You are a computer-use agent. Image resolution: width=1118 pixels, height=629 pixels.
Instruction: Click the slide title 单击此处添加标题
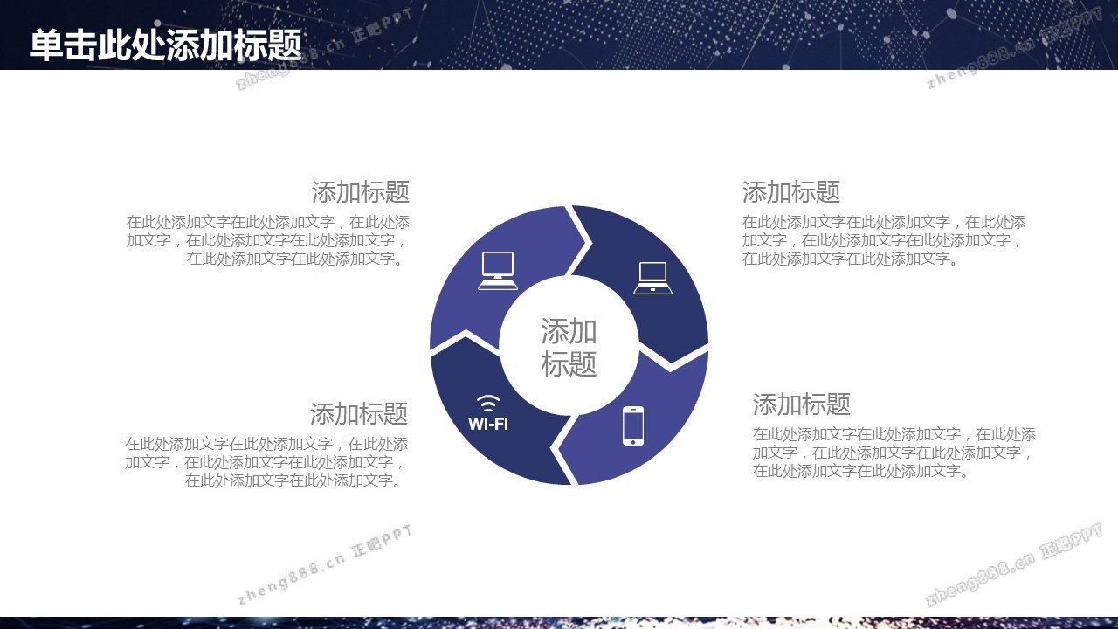[166, 45]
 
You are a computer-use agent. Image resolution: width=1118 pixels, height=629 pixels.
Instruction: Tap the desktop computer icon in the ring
[498, 271]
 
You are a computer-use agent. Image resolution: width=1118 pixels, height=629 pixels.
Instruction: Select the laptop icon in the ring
[652, 278]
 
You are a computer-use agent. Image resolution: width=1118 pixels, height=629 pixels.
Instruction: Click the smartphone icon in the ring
[633, 425]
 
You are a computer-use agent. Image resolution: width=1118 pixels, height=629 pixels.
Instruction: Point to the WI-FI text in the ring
[488, 424]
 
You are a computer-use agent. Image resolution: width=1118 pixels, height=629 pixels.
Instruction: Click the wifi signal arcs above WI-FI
[488, 404]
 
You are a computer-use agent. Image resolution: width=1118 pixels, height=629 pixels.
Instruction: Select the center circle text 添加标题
[569, 347]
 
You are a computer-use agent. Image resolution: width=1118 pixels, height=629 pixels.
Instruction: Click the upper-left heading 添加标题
[361, 192]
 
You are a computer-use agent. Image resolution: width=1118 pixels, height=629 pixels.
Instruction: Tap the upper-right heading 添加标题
[791, 192]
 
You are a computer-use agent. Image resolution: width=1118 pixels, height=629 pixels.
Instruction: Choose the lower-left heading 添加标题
[359, 414]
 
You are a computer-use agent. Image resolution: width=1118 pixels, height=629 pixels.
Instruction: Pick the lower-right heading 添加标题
[802, 404]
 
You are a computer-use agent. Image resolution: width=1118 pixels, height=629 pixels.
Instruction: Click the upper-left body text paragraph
[268, 240]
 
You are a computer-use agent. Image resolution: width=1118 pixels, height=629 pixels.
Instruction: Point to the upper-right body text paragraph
[883, 240]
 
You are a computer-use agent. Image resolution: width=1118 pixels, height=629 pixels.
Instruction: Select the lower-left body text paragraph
[266, 462]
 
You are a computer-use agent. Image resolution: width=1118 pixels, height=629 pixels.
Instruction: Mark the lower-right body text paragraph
[894, 453]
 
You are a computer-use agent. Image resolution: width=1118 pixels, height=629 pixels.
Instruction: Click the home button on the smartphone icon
[633, 441]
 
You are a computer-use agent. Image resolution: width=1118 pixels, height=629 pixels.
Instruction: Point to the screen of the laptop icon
[652, 273]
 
